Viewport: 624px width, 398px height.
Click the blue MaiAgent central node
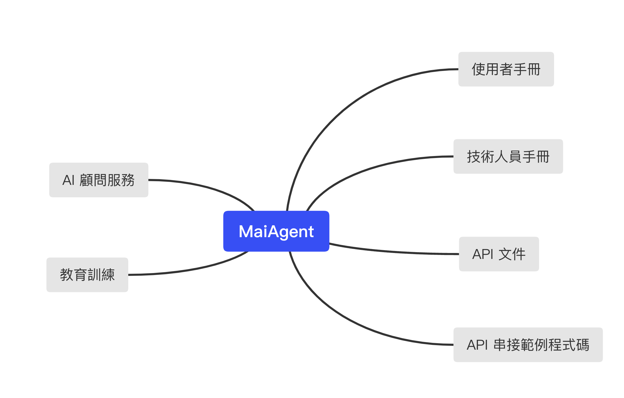[276, 231]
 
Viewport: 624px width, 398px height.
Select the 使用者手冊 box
[506, 69]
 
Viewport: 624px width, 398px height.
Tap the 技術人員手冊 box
[508, 156]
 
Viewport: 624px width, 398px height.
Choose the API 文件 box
[499, 254]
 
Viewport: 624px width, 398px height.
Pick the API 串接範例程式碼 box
[528, 345]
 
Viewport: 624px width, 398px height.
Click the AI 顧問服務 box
[99, 180]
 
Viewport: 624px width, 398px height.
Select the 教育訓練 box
[87, 274]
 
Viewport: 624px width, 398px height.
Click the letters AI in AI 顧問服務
[68, 180]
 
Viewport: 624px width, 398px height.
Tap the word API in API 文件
[483, 254]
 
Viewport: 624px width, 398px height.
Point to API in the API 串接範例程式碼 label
[477, 345]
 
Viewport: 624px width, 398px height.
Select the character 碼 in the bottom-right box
[582, 345]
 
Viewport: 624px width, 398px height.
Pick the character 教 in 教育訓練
[67, 275]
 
